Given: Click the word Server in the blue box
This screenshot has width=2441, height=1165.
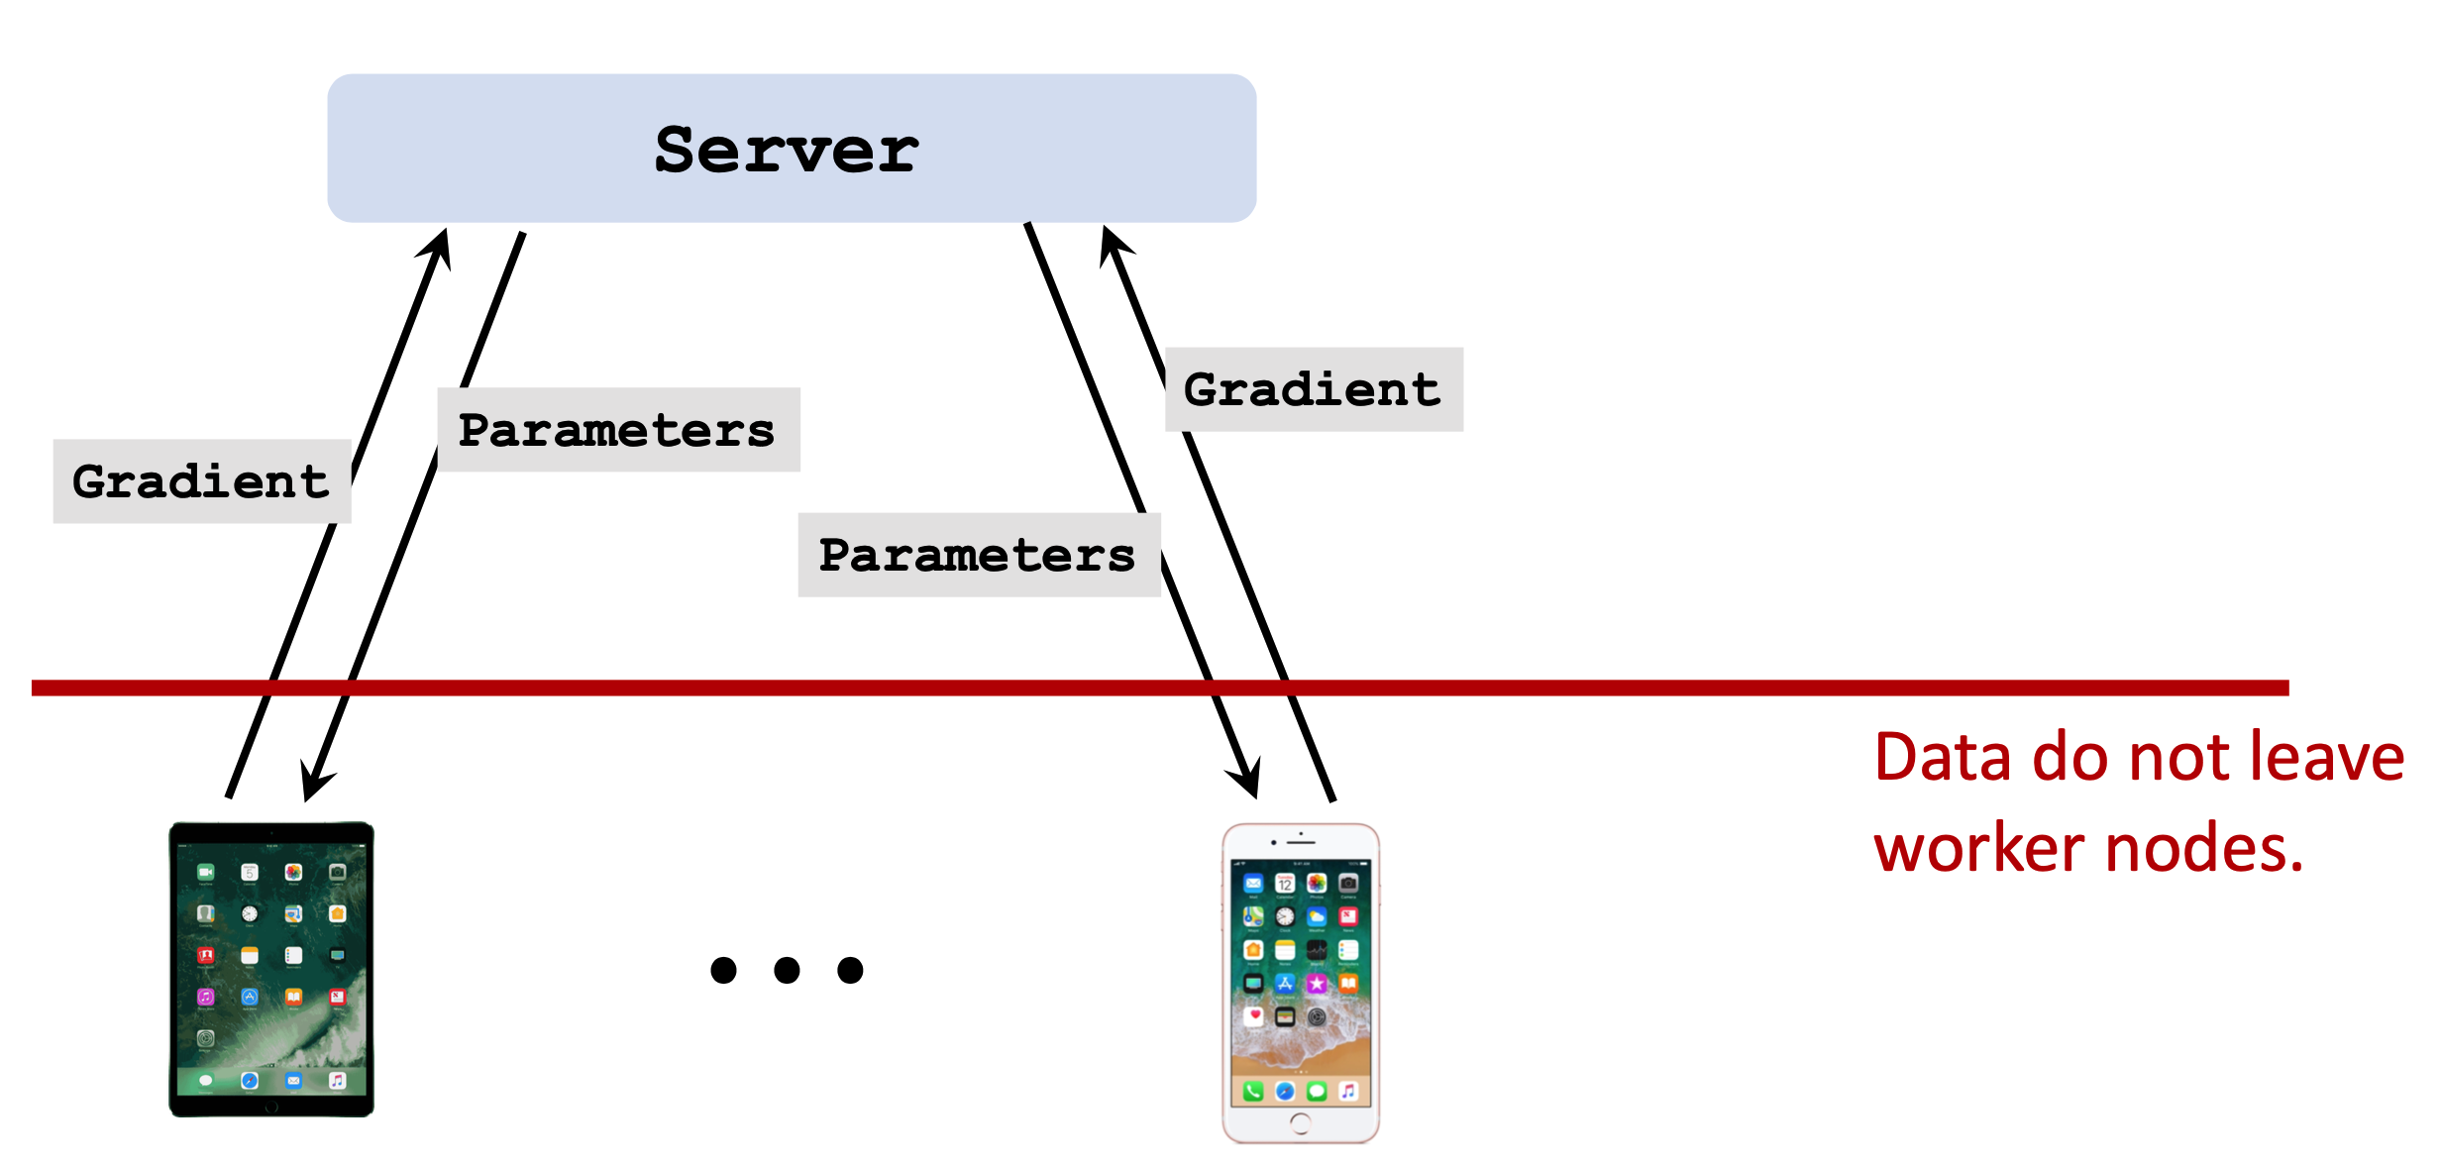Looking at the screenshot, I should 787,151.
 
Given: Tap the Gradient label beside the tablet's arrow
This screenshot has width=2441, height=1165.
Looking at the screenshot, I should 201,481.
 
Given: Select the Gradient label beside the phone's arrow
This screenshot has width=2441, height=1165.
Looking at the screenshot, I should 1313,389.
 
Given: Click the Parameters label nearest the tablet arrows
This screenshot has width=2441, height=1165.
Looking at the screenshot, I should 616,430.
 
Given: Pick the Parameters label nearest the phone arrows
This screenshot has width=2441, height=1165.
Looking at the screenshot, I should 977,555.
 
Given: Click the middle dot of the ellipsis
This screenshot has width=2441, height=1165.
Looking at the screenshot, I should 787,970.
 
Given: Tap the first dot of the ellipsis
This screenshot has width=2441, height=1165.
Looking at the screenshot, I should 724,970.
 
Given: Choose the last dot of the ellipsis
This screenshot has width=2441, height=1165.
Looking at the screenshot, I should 850,970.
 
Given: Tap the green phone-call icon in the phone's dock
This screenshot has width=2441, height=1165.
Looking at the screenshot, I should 1253,1091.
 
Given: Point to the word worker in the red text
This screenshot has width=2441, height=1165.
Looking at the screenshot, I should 1978,850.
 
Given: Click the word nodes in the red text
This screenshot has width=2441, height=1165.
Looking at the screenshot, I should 2204,850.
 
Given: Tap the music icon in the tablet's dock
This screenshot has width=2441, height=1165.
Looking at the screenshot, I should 337,1080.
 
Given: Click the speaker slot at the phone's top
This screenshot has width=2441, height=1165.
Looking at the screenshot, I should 1301,842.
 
